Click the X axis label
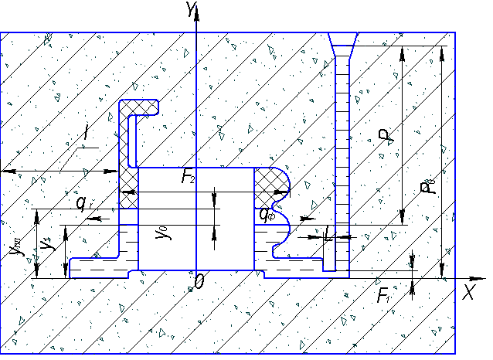click(467, 292)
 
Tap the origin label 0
click(199, 282)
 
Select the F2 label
click(188, 178)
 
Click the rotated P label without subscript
click(385, 138)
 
